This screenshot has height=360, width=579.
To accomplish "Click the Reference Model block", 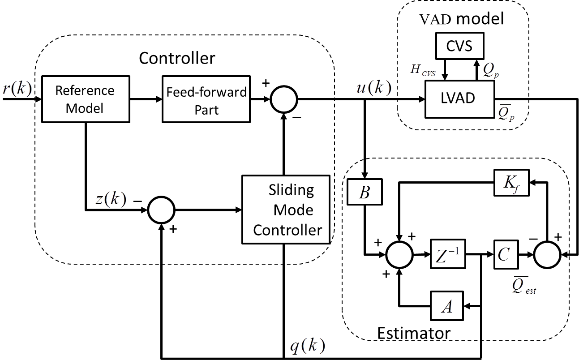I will pos(86,99).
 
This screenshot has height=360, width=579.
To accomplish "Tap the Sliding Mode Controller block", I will pos(285,210).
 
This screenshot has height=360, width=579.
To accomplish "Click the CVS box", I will pos(459,46).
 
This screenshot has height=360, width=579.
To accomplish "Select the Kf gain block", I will pos(511,182).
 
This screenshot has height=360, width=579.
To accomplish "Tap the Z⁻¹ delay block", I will pos(446,255).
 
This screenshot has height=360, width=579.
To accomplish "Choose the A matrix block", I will pos(446,307).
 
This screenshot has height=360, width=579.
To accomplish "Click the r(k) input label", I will pos(17,89).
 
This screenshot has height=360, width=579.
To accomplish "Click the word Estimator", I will pos(413,334).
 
